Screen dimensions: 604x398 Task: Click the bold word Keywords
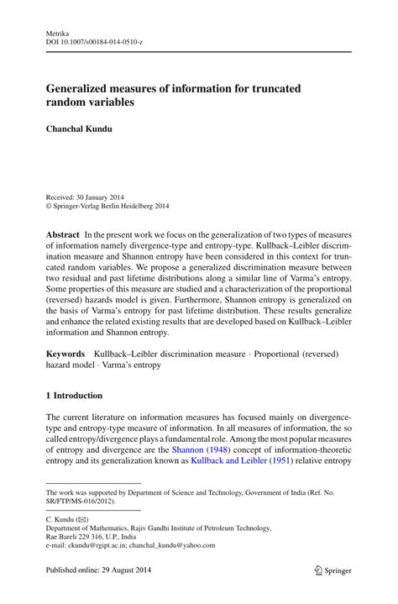[x=65, y=358]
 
